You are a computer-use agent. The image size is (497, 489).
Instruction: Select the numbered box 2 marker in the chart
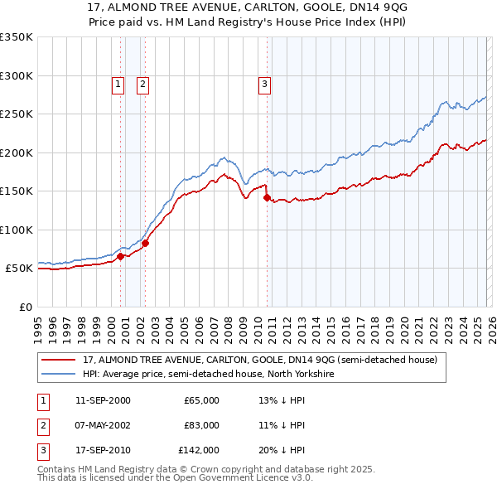pyautogui.click(x=142, y=83)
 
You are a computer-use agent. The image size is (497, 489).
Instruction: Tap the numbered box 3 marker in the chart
pyautogui.click(x=263, y=83)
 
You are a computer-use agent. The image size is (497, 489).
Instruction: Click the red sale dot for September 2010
pyautogui.click(x=267, y=197)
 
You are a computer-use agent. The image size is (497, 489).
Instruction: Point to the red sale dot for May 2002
pyautogui.click(x=145, y=243)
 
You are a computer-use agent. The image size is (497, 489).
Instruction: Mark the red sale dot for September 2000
pyautogui.click(x=120, y=257)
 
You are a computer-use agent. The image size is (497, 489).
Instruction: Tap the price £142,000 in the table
pyautogui.click(x=199, y=450)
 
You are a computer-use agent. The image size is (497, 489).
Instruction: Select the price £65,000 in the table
pyautogui.click(x=201, y=400)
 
